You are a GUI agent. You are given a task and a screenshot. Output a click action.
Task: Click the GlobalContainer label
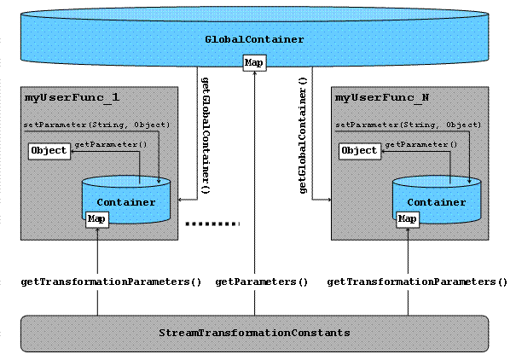(255, 39)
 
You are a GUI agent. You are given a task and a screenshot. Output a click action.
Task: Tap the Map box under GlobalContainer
(254, 62)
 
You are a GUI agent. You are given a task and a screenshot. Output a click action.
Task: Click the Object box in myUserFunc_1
(49, 151)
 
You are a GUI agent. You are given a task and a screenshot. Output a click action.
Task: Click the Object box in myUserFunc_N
(359, 151)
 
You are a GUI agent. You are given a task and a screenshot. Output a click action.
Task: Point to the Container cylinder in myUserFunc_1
(126, 201)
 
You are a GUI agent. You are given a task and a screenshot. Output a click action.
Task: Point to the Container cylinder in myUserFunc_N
(436, 201)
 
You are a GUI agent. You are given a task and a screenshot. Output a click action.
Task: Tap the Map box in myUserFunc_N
(408, 219)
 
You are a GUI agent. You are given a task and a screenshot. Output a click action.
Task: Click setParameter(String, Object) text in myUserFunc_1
(96, 125)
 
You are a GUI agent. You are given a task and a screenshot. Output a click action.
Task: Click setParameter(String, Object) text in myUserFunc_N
(407, 125)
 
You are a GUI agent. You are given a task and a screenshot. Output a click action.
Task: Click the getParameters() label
(261, 281)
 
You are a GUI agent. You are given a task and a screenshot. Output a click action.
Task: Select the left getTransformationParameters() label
(110, 281)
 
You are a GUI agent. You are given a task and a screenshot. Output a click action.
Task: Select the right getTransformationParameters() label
(417, 281)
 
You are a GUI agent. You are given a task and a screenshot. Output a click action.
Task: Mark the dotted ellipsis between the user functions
(212, 224)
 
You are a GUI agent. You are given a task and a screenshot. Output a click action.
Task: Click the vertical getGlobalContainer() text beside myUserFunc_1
(206, 136)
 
